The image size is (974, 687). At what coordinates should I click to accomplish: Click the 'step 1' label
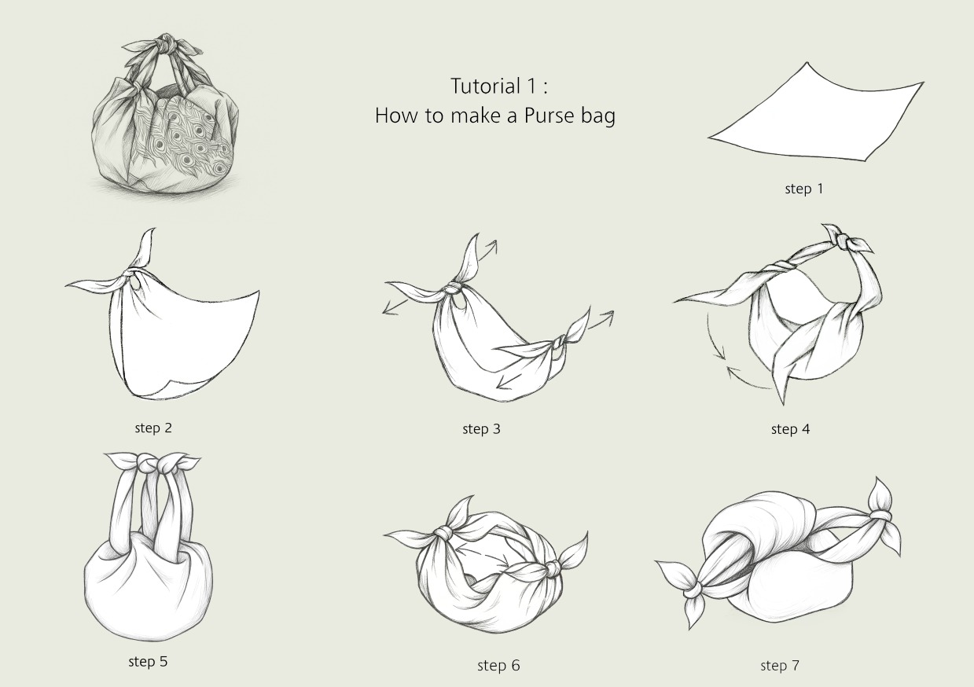pyautogui.click(x=804, y=189)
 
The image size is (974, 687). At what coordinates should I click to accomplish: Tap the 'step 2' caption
pyautogui.click(x=153, y=428)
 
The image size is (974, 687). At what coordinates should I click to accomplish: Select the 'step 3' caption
pyautogui.click(x=481, y=429)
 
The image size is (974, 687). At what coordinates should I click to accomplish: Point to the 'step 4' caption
pyautogui.click(x=790, y=429)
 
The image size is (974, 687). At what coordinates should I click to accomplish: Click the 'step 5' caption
pyautogui.click(x=148, y=662)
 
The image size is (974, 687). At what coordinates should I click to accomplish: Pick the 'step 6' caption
pyautogui.click(x=498, y=666)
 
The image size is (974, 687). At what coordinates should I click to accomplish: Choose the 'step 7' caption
pyautogui.click(x=780, y=666)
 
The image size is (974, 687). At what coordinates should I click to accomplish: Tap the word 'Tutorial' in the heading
pyautogui.click(x=486, y=86)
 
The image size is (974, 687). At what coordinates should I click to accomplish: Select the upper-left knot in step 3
pyautogui.click(x=452, y=288)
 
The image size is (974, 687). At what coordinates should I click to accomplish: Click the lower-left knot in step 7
pyautogui.click(x=693, y=592)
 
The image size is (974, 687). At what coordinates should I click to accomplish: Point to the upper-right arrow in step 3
pyautogui.click(x=485, y=252)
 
